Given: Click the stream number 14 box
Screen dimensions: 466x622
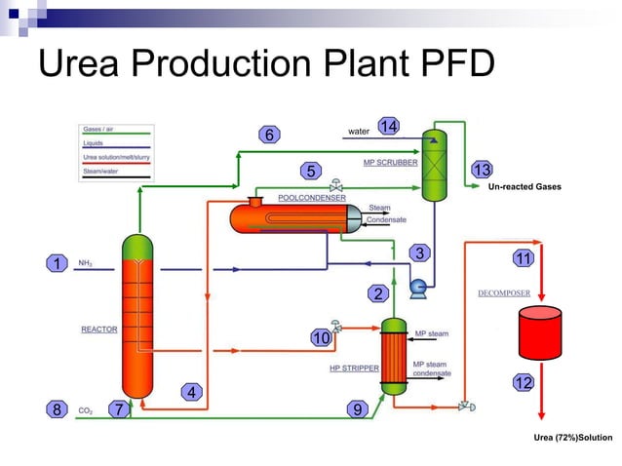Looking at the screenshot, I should (389, 128).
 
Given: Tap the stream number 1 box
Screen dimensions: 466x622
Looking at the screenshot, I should (58, 263).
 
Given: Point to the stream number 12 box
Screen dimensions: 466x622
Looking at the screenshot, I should (523, 383).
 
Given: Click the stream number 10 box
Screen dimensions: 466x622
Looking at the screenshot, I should (322, 338).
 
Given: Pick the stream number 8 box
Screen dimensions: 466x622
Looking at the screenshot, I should (58, 410).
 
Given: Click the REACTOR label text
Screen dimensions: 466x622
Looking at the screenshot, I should (98, 330).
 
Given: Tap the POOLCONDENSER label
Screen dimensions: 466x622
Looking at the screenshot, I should (311, 197).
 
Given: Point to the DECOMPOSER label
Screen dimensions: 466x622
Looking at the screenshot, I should (504, 292).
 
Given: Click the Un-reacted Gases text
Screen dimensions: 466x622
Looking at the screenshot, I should (524, 186).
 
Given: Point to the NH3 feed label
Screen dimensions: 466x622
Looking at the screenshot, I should (86, 262).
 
